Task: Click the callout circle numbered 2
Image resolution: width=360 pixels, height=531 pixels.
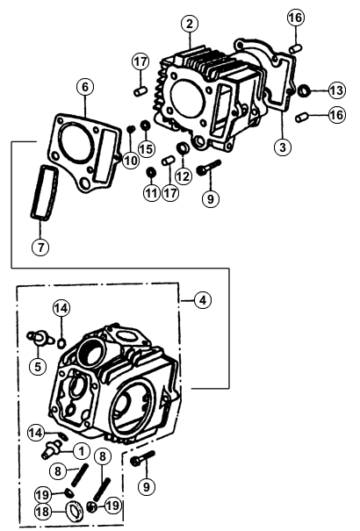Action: click(190, 24)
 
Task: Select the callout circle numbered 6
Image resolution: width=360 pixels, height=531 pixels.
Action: click(85, 87)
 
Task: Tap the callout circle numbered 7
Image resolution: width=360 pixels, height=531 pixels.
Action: click(40, 248)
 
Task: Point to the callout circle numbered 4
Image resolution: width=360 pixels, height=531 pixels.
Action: click(203, 300)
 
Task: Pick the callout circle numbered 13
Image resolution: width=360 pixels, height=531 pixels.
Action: click(336, 90)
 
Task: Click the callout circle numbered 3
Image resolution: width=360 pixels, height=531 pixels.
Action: click(283, 147)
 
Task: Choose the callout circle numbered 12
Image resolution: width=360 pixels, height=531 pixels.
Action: click(184, 176)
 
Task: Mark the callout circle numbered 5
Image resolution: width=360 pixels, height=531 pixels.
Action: click(38, 366)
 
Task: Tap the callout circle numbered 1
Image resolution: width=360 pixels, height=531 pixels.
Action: click(82, 451)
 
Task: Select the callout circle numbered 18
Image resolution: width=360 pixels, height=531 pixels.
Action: click(43, 512)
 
